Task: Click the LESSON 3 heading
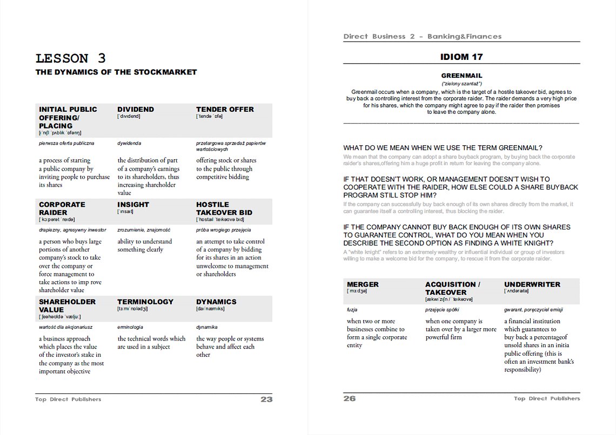(71, 58)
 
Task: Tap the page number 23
(266, 399)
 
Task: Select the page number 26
(350, 398)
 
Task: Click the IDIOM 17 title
(461, 57)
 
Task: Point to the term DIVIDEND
(136, 109)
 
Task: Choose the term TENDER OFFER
(225, 109)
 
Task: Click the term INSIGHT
(133, 205)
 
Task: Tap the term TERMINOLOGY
(145, 302)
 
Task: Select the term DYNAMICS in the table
(216, 302)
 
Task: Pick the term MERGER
(363, 284)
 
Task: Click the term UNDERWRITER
(532, 284)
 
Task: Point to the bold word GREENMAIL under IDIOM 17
(461, 76)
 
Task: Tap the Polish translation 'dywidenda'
(129, 144)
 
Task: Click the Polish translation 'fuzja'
(352, 310)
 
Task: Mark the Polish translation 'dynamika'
(207, 327)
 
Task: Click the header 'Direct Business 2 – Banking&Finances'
(423, 37)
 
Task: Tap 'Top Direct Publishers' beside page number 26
(547, 398)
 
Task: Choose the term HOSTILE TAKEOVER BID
(224, 208)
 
